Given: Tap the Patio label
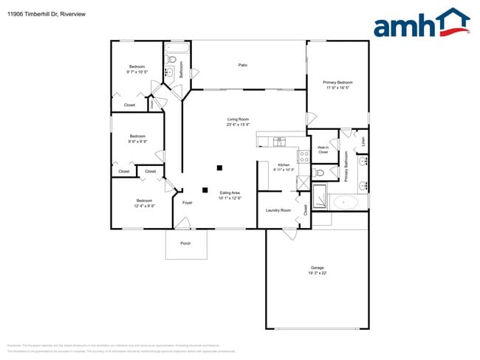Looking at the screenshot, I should point(242,66).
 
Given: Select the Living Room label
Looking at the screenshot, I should point(238,119).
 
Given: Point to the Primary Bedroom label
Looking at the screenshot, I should point(337,82).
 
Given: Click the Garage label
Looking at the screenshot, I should point(318,267).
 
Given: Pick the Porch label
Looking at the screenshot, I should point(185,243).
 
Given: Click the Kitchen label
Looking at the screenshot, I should point(284,165).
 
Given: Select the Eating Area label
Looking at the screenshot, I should point(230,193).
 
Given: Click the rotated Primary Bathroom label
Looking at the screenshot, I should point(346,167).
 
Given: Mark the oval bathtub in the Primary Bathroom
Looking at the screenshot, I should point(345,202).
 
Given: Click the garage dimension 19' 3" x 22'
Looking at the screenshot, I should point(318,273).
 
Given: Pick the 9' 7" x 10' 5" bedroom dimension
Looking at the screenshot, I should point(137,72).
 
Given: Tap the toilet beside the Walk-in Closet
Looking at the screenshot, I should point(319,173).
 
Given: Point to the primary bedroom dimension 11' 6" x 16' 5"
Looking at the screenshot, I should point(337,88).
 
